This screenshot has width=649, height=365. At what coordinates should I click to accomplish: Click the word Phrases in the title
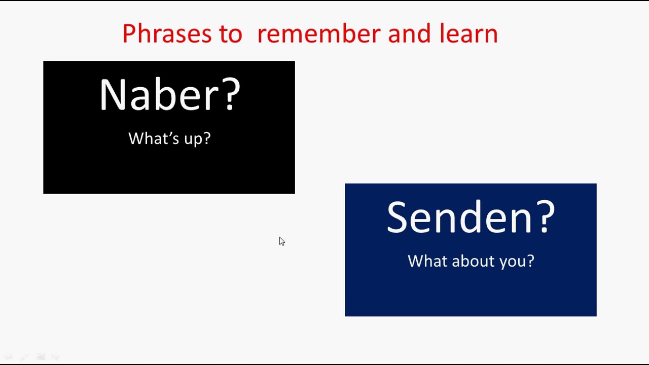pyautogui.click(x=167, y=33)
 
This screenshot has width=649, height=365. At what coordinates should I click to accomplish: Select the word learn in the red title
pyautogui.click(x=468, y=33)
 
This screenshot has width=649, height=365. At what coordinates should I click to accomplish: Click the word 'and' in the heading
pyautogui.click(x=409, y=33)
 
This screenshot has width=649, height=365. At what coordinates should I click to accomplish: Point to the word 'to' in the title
pyautogui.click(x=231, y=34)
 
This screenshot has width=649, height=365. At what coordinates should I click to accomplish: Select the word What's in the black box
pyautogui.click(x=154, y=138)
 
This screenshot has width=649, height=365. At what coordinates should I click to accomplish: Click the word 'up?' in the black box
pyautogui.click(x=197, y=139)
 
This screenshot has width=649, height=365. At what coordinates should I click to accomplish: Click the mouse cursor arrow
pyautogui.click(x=282, y=241)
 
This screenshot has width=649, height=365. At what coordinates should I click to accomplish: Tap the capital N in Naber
pyautogui.click(x=113, y=94)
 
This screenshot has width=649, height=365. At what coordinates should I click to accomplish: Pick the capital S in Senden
pyautogui.click(x=398, y=216)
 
